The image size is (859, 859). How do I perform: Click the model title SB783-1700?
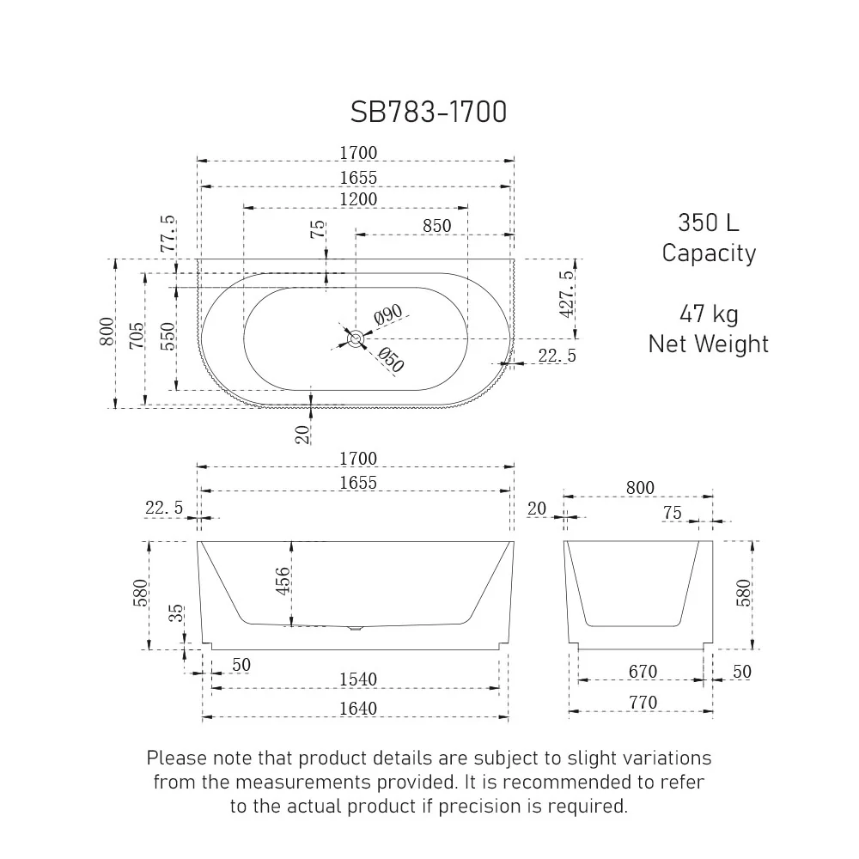click(x=429, y=112)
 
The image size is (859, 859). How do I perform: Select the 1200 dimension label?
click(x=357, y=198)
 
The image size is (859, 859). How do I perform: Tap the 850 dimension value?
click(x=436, y=226)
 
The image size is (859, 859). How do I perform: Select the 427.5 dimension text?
click(x=566, y=295)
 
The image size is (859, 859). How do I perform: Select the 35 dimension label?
click(x=176, y=615)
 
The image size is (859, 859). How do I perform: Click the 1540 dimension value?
click(x=357, y=679)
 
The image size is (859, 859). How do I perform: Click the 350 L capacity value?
click(x=708, y=222)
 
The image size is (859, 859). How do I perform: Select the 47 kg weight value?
click(x=708, y=314)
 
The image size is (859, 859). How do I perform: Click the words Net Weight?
click(x=708, y=344)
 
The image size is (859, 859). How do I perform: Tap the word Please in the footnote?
click(x=177, y=758)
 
